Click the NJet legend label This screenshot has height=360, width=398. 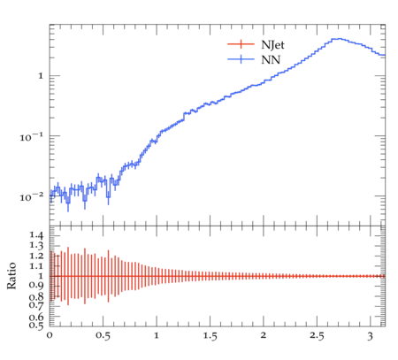(x=272, y=45)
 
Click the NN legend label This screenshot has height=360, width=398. (x=271, y=60)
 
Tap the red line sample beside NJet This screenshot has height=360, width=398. (x=241, y=44)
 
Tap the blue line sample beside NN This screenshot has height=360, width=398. (x=241, y=59)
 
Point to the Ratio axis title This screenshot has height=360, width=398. (x=11, y=276)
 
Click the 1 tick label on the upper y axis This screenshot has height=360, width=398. (x=41, y=76)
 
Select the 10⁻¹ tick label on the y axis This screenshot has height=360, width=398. (x=32, y=136)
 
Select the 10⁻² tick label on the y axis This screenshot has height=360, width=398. (x=32, y=196)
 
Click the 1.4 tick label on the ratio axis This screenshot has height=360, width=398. (x=36, y=235)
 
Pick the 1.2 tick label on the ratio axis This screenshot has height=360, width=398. (x=36, y=256)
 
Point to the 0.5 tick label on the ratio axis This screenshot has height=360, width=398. (x=36, y=326)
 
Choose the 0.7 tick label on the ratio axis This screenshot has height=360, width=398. (x=36, y=304)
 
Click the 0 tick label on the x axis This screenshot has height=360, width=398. (x=50, y=335)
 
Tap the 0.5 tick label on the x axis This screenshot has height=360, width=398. (x=103, y=336)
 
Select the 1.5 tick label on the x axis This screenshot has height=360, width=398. (x=210, y=336)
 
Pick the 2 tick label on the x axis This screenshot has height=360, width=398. (x=264, y=335)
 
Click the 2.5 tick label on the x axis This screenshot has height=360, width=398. (x=317, y=336)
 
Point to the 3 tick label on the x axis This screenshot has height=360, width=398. (x=371, y=336)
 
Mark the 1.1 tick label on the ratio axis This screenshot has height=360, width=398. (x=36, y=266)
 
